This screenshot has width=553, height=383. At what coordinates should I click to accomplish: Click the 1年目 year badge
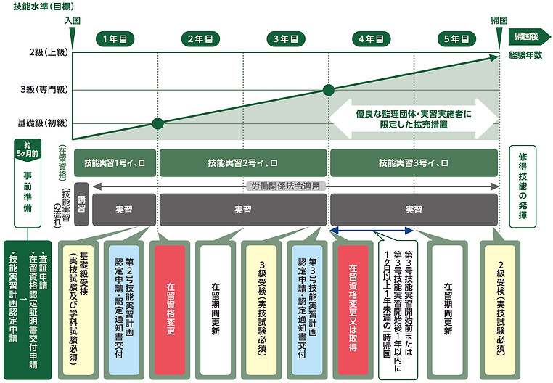click(x=115, y=38)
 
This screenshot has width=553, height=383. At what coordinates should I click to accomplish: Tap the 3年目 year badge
click(x=286, y=38)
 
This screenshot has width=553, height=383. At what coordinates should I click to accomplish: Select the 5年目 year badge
click(x=456, y=38)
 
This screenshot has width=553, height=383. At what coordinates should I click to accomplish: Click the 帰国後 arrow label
click(x=529, y=37)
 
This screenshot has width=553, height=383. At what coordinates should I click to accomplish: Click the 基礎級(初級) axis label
click(x=43, y=123)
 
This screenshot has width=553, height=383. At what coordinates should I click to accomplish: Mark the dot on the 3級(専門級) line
click(x=329, y=90)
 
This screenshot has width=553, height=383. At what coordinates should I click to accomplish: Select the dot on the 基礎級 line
click(x=158, y=123)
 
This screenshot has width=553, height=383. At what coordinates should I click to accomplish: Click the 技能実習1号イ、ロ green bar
click(x=115, y=163)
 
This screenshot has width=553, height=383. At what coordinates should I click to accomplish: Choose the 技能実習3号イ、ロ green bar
click(x=414, y=163)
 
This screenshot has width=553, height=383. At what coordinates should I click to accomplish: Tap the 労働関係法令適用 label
click(x=286, y=186)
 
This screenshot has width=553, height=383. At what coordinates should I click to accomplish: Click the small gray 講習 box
click(x=81, y=205)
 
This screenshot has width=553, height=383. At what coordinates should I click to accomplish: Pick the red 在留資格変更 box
click(x=170, y=310)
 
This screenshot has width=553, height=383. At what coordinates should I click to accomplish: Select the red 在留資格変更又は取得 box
click(x=353, y=310)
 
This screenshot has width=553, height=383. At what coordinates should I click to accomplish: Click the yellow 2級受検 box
click(x=500, y=310)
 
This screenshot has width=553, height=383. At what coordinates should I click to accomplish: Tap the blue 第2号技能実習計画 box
click(x=124, y=310)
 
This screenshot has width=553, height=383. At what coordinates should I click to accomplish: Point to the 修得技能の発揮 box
click(x=523, y=186)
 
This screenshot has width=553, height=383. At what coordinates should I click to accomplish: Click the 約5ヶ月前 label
click(x=28, y=149)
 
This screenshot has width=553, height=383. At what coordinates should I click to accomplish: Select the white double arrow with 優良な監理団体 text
click(x=414, y=119)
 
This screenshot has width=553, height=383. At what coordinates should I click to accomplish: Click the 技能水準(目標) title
click(x=44, y=7)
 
